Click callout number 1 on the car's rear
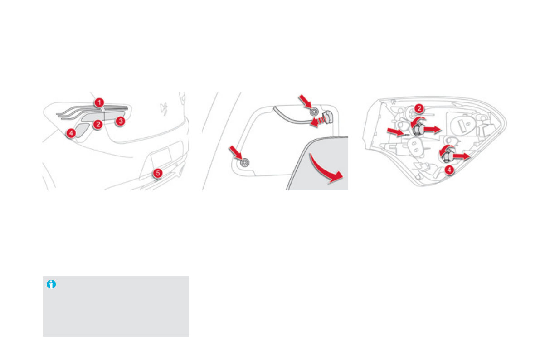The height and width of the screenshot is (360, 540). tap(99, 102)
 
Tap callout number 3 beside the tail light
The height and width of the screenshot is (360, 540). tap(120, 121)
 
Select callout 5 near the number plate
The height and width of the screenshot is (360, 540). tap(157, 173)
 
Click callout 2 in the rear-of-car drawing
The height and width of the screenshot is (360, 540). tap(97, 124)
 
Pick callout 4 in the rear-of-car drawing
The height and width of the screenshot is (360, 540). tap(71, 133)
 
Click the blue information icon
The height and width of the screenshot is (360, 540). tap(51, 285)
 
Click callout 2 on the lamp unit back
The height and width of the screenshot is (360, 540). tap(419, 108)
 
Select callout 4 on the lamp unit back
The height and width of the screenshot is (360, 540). tap(448, 170)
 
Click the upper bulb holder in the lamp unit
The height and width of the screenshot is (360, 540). tap(416, 130)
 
